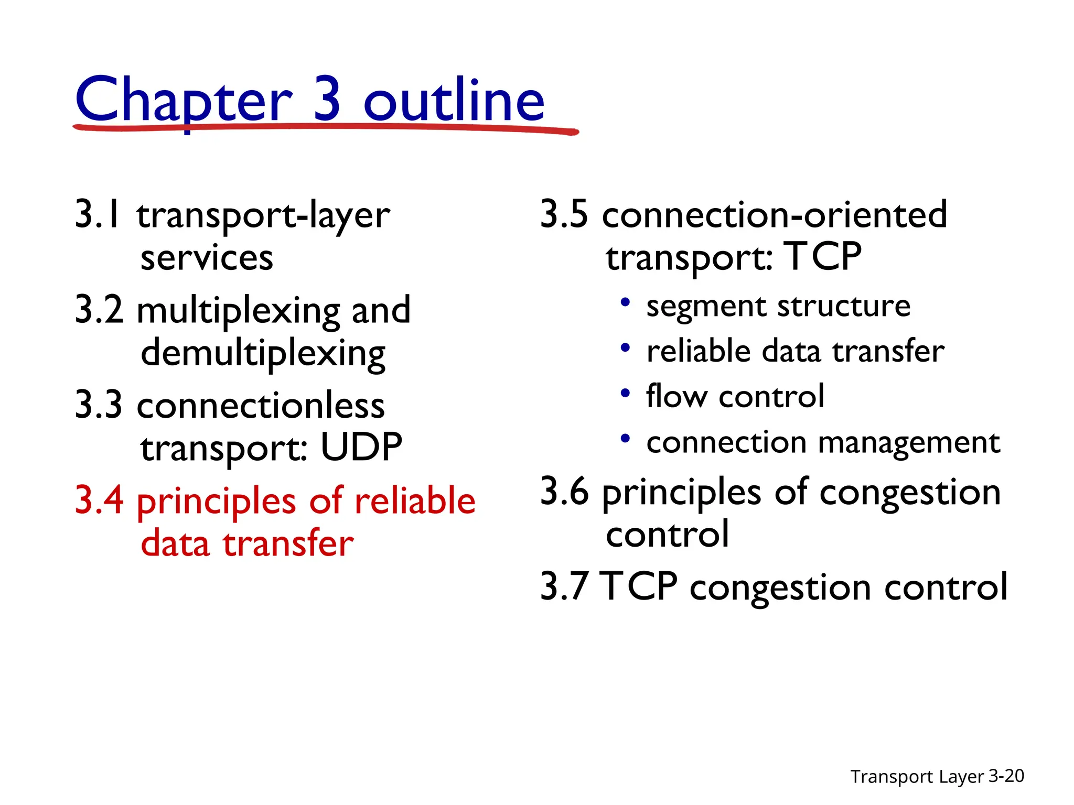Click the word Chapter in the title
(184, 100)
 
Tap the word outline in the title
(454, 100)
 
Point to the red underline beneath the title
(325, 127)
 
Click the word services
(207, 258)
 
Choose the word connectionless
(261, 405)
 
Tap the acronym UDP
(361, 448)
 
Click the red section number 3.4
(99, 500)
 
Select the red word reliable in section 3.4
(415, 500)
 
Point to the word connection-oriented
(775, 214)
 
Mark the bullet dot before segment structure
(625, 302)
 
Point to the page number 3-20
(1006, 776)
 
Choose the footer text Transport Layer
(917, 777)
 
